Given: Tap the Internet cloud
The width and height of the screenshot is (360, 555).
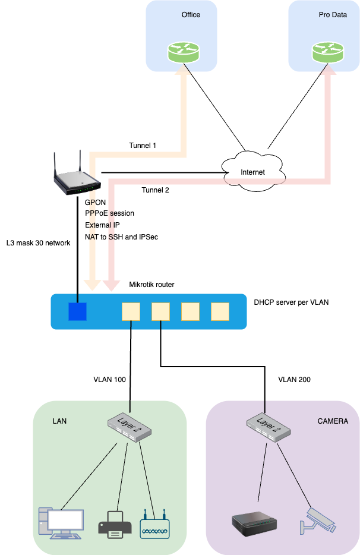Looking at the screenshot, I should pyautogui.click(x=252, y=171).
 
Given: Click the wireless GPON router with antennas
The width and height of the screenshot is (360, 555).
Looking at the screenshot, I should pyautogui.click(x=77, y=176).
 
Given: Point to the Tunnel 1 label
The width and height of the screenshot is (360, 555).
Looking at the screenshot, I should pyautogui.click(x=143, y=146).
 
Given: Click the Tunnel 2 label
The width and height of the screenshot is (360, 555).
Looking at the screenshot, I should pyautogui.click(x=155, y=190).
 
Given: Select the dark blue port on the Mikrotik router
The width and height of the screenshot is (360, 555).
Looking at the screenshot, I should pyautogui.click(x=77, y=311).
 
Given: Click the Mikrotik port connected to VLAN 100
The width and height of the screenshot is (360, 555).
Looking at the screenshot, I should pyautogui.click(x=131, y=311).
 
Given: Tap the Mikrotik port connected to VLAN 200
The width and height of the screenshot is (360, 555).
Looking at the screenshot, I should pyautogui.click(x=160, y=311).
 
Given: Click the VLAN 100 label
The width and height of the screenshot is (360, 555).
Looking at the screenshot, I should pyautogui.click(x=110, y=379).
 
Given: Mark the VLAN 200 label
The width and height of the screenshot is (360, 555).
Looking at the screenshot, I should pyautogui.click(x=295, y=379).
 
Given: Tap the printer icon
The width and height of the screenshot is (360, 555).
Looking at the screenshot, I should pyautogui.click(x=115, y=524).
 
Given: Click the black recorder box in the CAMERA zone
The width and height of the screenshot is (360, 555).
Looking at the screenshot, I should pyautogui.click(x=254, y=522).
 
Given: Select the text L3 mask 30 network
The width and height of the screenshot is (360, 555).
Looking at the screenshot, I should pyautogui.click(x=38, y=243).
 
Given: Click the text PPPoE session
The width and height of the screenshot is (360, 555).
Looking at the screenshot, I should pyautogui.click(x=109, y=213).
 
